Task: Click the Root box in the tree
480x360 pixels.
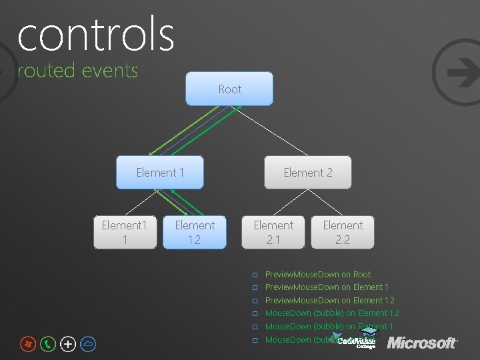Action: (x=229, y=89)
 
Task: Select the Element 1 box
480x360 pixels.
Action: (x=160, y=173)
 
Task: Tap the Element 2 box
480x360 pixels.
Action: (x=308, y=173)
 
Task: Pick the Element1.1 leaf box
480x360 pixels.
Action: (x=125, y=232)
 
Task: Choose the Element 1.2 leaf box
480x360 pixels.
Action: (x=195, y=232)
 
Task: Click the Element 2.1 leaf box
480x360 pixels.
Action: (x=273, y=232)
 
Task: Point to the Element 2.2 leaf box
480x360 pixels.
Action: (x=343, y=232)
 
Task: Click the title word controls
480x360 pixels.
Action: (x=95, y=35)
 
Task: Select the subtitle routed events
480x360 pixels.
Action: (x=77, y=70)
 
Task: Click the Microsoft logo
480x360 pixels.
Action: (x=422, y=343)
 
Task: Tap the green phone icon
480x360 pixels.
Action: (x=48, y=344)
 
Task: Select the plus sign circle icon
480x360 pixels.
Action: (x=68, y=344)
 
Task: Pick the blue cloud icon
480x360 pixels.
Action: (x=89, y=344)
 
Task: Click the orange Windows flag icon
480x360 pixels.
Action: (x=27, y=344)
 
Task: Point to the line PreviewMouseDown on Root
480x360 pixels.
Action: (x=317, y=274)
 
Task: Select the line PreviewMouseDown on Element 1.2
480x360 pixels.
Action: (x=329, y=300)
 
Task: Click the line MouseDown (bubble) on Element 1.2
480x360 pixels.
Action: (x=332, y=313)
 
